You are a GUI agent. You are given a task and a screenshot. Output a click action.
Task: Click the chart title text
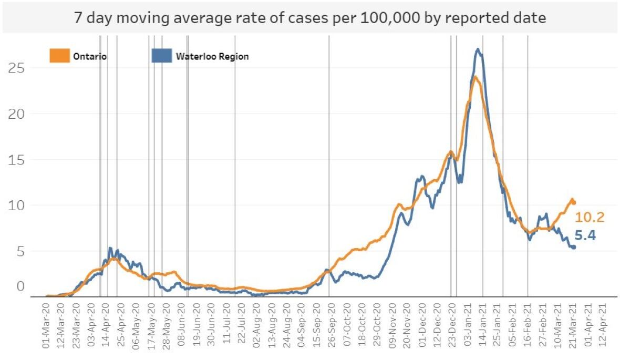(309, 18)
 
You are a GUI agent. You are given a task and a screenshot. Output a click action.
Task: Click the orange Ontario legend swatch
(59, 56)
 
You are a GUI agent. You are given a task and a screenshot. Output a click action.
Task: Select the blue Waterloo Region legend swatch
(161, 56)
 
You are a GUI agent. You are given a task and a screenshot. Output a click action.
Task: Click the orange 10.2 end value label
(589, 217)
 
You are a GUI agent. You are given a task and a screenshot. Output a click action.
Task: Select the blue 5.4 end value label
(585, 235)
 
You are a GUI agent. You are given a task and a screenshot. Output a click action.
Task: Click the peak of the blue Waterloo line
(477, 49)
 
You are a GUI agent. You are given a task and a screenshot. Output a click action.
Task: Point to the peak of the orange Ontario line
(474, 77)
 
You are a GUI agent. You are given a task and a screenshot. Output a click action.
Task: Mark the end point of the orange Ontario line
(574, 202)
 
